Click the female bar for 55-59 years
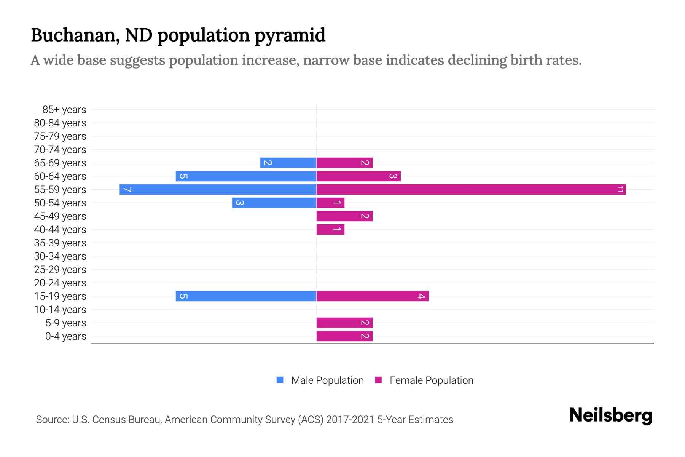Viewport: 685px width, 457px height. (x=471, y=189)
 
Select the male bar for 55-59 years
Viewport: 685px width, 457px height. (x=218, y=189)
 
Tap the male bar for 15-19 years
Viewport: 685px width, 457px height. (x=246, y=296)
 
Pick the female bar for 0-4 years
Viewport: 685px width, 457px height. (x=344, y=336)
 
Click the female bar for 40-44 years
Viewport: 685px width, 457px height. (x=330, y=229)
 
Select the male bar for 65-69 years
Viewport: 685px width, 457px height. (x=288, y=163)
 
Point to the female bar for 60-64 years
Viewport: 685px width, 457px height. (x=358, y=176)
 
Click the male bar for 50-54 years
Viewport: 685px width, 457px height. (x=274, y=203)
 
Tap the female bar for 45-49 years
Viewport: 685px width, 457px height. (x=344, y=216)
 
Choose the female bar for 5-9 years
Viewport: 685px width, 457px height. (x=344, y=323)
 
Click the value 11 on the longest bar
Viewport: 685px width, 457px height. (x=620, y=189)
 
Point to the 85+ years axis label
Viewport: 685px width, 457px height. (x=64, y=110)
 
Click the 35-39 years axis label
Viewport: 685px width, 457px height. (x=60, y=243)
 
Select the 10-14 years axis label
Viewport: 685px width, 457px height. (x=60, y=310)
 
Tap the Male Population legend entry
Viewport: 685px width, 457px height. (x=327, y=380)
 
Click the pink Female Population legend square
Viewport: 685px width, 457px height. (x=378, y=380)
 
